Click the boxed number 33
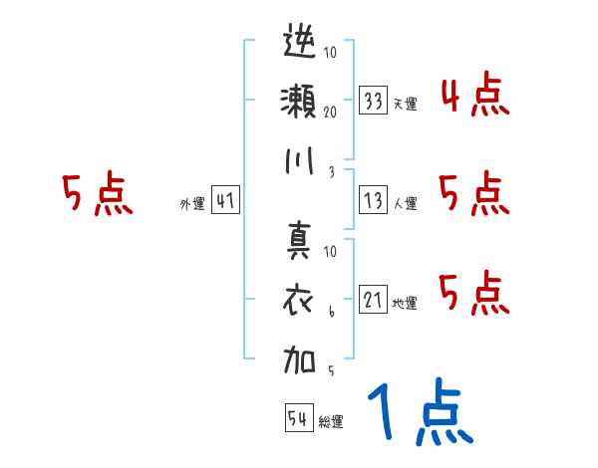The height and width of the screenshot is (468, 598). [374, 100]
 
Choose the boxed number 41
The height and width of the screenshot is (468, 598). [225, 201]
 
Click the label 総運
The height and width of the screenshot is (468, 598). [331, 421]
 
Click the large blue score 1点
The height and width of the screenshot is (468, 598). [420, 412]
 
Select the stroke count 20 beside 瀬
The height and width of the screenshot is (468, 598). [331, 112]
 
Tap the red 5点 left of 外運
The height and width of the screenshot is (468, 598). [97, 194]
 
